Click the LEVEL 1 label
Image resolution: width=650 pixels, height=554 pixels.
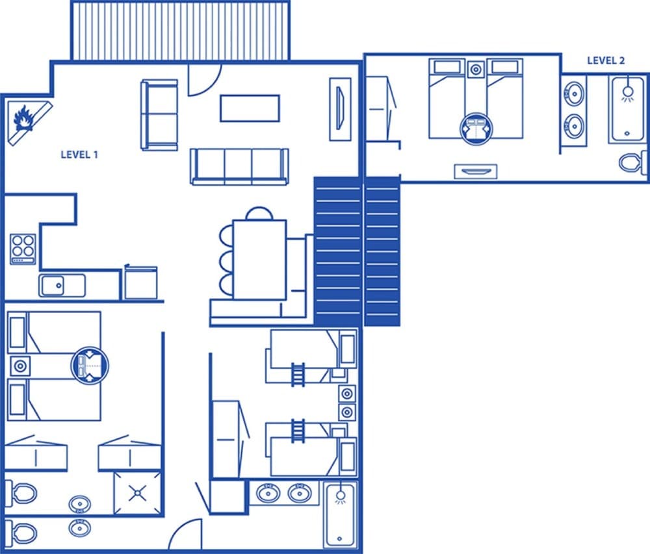coord(79,155)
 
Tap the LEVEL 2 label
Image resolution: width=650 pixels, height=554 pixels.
coord(606,60)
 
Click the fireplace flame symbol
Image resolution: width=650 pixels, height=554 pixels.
coord(24,118)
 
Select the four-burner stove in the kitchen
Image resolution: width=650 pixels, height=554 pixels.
coord(23,248)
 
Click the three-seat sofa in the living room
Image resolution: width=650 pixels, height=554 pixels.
coord(239,166)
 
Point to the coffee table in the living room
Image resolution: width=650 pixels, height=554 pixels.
coord(250,108)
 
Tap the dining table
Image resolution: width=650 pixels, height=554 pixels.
coord(259,259)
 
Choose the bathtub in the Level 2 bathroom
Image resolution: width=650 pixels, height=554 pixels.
coord(626,109)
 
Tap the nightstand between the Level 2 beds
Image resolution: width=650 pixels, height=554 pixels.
coord(476,68)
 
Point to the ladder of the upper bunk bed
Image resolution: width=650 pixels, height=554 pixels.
coord(298,375)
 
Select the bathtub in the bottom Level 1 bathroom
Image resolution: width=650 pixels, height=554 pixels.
coord(339,515)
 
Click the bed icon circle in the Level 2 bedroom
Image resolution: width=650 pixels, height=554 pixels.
coord(476,127)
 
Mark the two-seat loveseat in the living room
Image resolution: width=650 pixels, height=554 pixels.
coord(159,114)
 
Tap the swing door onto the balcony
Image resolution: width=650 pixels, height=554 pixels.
coord(202,79)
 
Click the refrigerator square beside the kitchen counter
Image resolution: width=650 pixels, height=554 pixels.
coord(141,283)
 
